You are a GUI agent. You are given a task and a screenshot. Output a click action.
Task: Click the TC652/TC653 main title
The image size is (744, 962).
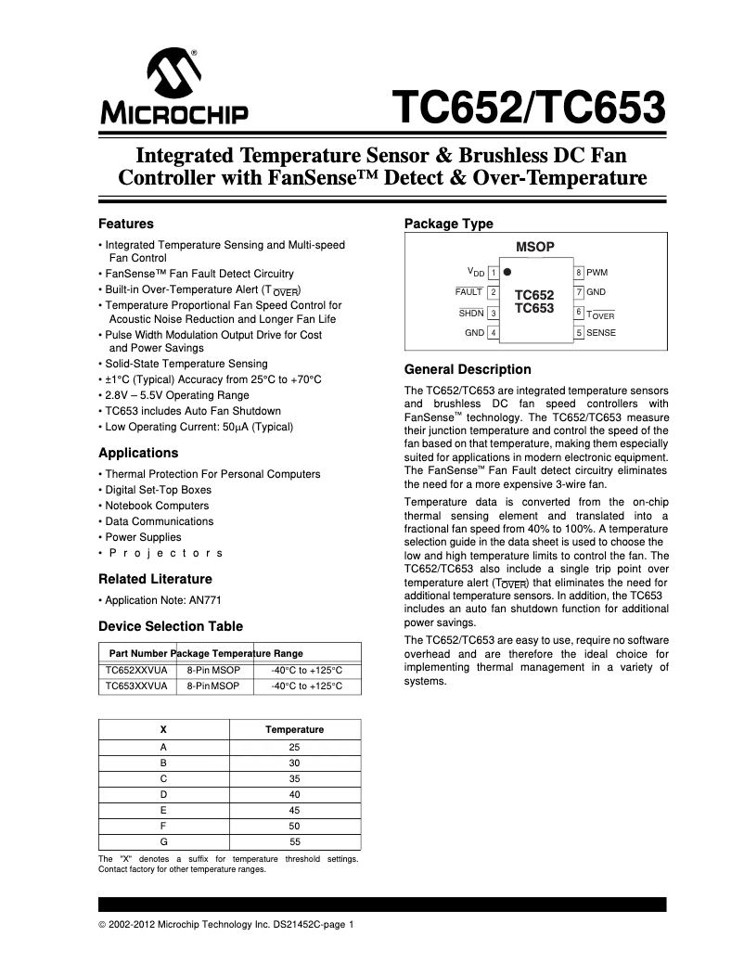tap(528, 108)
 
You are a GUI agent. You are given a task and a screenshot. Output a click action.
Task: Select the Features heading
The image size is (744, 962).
tap(126, 224)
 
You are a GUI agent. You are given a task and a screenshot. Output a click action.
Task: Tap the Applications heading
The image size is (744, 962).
tap(138, 453)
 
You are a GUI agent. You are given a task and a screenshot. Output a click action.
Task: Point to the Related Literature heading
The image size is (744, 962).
tap(155, 579)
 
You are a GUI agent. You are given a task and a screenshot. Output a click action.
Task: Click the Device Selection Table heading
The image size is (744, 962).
tap(171, 626)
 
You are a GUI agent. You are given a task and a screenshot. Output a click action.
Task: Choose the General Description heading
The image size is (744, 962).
tap(468, 369)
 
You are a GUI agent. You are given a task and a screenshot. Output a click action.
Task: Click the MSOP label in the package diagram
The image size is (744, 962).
tap(534, 247)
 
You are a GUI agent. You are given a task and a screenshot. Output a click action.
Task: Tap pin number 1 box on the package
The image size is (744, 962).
tap(494, 273)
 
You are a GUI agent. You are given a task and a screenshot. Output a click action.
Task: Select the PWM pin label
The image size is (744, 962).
tap(597, 273)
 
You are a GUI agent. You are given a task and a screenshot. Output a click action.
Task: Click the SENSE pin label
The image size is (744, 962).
tap(601, 332)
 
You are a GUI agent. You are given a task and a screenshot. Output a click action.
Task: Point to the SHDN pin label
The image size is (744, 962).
tap(471, 313)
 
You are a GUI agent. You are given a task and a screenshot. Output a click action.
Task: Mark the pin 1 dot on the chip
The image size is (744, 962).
tap(507, 273)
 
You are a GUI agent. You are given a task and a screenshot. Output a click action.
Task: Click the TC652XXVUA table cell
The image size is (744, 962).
tap(136, 670)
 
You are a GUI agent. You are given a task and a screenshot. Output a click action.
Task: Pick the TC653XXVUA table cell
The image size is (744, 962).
tap(136, 686)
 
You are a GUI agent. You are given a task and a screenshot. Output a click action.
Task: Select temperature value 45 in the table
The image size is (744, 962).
tap(294, 809)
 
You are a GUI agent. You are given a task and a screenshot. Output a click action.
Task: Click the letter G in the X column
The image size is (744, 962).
tap(163, 841)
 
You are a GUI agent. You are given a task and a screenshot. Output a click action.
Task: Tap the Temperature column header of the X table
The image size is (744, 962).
tap(294, 729)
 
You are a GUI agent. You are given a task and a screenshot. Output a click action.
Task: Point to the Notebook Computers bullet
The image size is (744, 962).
tap(157, 506)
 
